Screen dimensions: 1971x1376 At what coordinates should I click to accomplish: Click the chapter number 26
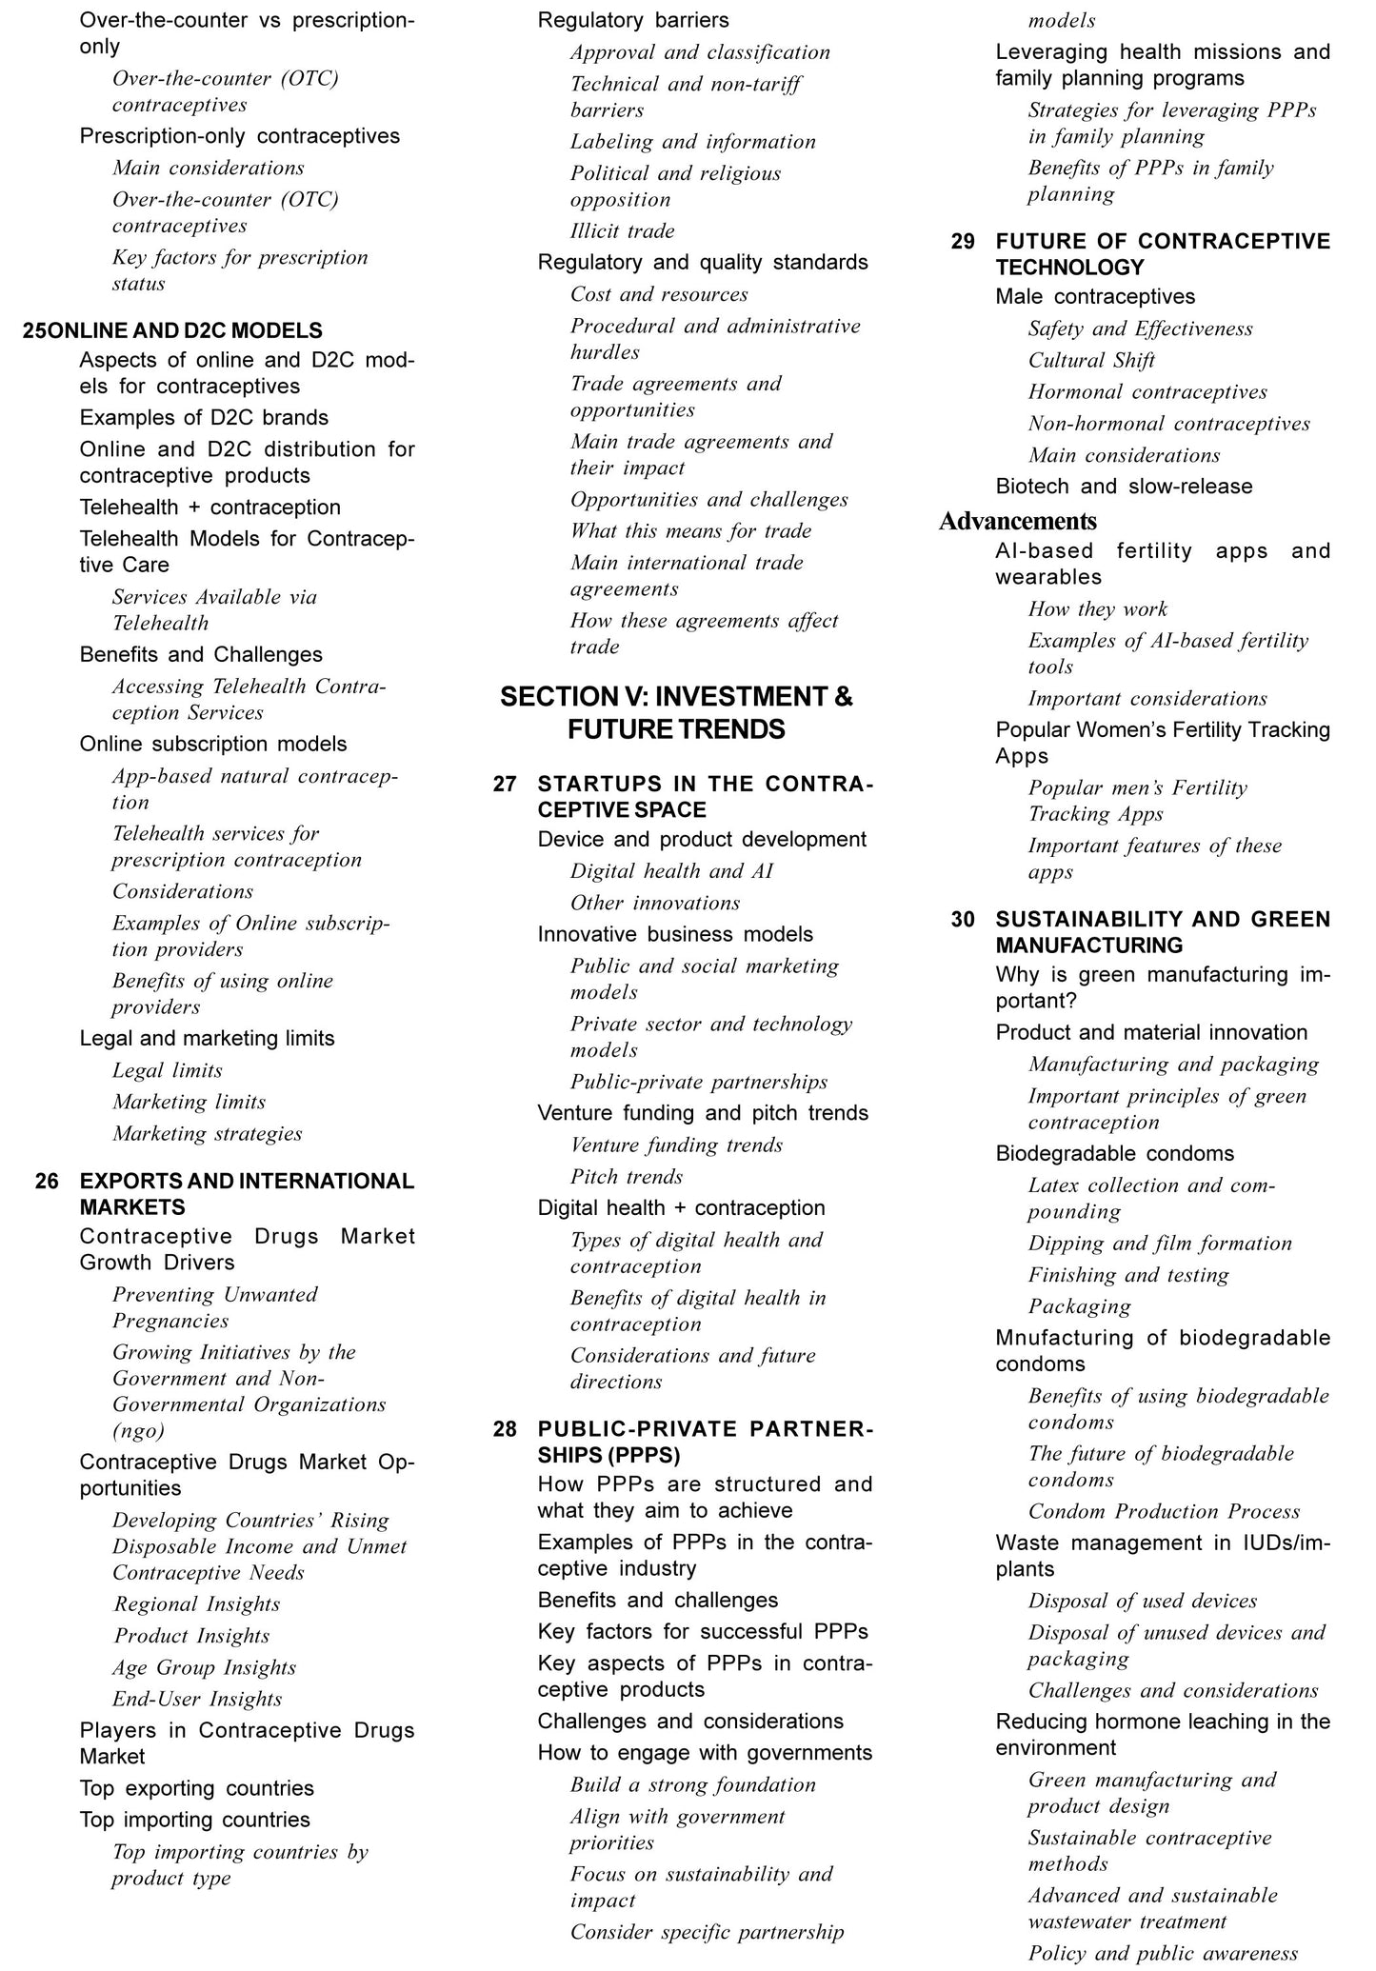tap(47, 1181)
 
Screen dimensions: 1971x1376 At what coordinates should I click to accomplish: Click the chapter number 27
tap(505, 784)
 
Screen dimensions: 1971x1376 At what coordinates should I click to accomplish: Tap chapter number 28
tap(505, 1429)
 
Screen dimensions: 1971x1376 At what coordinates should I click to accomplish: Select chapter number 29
tap(963, 241)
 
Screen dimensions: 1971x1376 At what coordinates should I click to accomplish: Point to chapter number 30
tap(963, 919)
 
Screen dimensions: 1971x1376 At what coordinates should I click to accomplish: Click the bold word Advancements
tap(1018, 521)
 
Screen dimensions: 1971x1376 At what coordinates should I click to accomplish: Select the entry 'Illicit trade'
tap(622, 231)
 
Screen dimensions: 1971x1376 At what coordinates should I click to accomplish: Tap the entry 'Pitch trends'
tap(627, 1177)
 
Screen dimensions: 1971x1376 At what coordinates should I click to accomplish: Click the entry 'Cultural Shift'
tap(1091, 360)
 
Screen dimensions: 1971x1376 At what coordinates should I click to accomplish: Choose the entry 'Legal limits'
tap(168, 1070)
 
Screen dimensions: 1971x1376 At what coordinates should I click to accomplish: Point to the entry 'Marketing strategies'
tap(207, 1133)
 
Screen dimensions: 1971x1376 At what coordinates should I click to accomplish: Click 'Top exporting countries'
tap(196, 1788)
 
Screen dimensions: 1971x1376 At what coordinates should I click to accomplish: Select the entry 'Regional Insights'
tap(196, 1604)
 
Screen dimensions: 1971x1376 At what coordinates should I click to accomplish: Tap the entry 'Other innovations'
tap(655, 903)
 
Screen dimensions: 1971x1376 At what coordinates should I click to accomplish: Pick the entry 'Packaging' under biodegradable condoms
tap(1080, 1306)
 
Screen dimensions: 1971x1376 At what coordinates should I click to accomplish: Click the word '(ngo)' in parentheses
tap(138, 1430)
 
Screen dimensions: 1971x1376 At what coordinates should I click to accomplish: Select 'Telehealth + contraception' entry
tap(209, 508)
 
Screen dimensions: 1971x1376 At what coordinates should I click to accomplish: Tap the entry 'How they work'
tap(1097, 609)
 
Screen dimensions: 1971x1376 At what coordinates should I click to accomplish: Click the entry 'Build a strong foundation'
tap(693, 1784)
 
